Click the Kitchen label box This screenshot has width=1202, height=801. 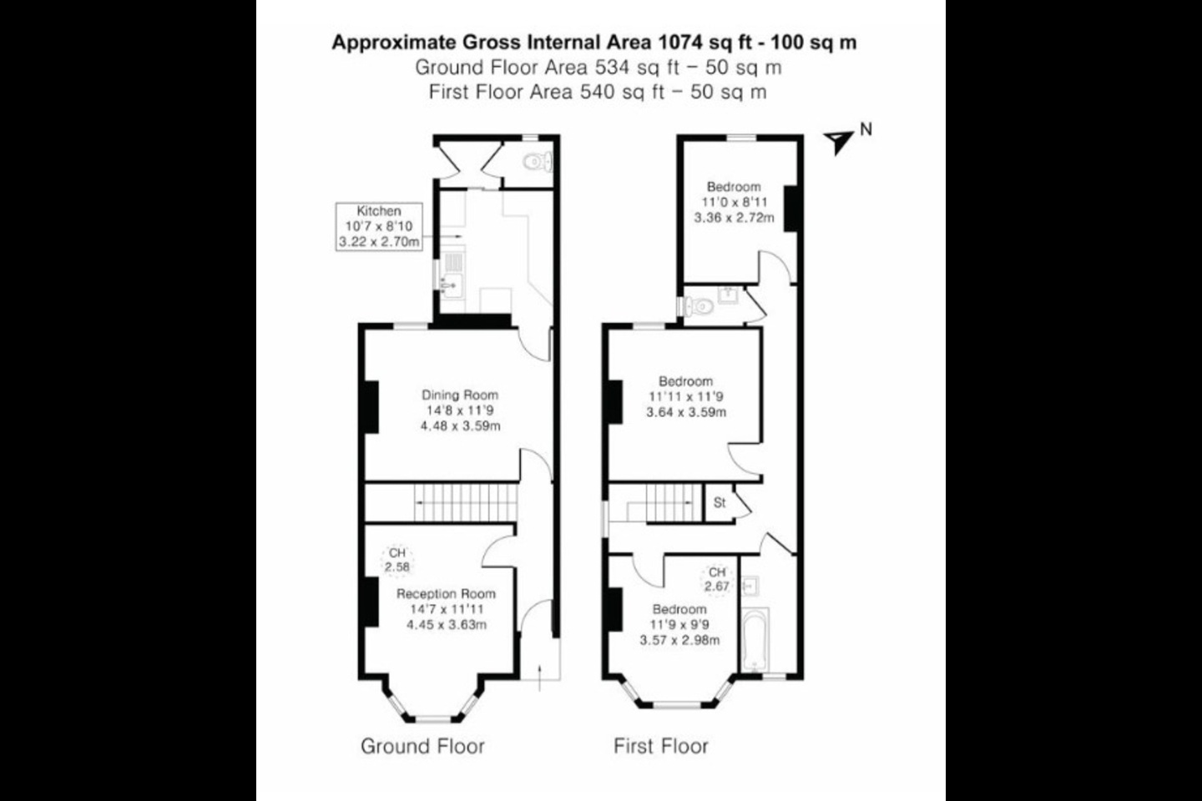pos(379,226)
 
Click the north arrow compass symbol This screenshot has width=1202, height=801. pos(838,142)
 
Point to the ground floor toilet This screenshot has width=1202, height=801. pos(538,162)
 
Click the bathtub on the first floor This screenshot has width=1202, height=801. pos(756,640)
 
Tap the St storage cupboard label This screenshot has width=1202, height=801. pos(720,502)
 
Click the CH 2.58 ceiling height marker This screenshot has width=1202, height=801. pos(397,560)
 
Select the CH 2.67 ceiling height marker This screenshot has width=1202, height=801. pos(718,579)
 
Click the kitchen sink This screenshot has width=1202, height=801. pos(451,285)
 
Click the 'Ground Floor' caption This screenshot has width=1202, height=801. pos(423,746)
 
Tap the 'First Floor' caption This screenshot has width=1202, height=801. pos(661,746)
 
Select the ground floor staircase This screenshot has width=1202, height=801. pos(465,502)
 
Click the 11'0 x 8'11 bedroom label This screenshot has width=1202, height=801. pos(734,202)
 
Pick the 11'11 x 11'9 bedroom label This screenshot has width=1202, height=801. pos(686,397)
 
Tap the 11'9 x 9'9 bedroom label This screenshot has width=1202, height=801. pos(679,625)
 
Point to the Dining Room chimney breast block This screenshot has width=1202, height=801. pos(372,406)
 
